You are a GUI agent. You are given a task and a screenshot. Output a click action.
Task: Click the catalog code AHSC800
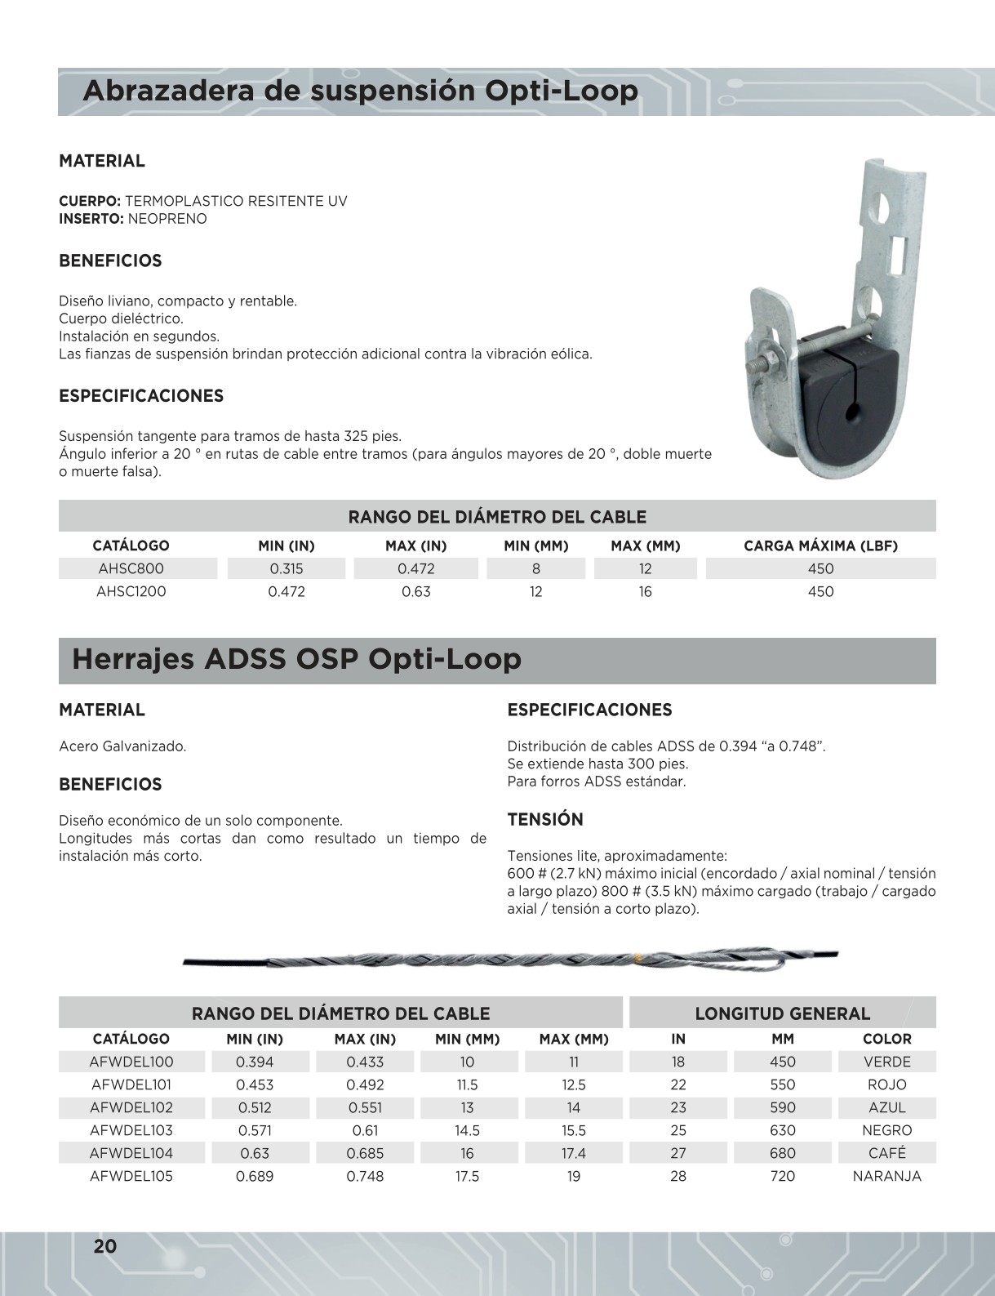pyautogui.click(x=131, y=568)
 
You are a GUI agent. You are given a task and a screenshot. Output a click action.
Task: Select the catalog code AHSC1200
pyautogui.click(x=131, y=591)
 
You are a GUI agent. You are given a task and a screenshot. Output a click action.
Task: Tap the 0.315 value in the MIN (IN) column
pyautogui.click(x=287, y=568)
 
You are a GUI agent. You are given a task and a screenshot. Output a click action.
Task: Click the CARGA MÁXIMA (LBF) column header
pyautogui.click(x=820, y=546)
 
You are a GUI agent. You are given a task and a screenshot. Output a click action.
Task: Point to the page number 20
pyautogui.click(x=105, y=1246)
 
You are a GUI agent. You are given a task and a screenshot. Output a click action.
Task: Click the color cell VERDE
pyautogui.click(x=886, y=1062)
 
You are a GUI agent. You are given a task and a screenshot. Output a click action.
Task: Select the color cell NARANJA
pyautogui.click(x=886, y=1176)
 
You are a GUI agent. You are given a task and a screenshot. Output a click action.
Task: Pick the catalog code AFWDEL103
pyautogui.click(x=131, y=1130)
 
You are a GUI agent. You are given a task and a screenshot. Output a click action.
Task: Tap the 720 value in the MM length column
pyautogui.click(x=782, y=1176)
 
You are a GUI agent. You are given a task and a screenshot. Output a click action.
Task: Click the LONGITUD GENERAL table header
pyautogui.click(x=782, y=1013)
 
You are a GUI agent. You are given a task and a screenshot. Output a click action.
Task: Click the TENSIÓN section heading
pyautogui.click(x=545, y=819)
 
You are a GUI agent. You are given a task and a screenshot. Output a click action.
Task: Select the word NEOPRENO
pyautogui.click(x=167, y=219)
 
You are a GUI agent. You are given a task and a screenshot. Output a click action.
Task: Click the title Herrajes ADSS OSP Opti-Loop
pyautogui.click(x=296, y=659)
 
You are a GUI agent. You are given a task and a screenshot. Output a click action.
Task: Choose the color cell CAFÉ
pyautogui.click(x=886, y=1153)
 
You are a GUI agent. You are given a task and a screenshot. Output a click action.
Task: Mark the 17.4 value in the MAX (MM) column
pyautogui.click(x=574, y=1153)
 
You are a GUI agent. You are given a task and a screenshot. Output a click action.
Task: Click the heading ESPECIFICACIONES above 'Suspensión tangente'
pyautogui.click(x=141, y=396)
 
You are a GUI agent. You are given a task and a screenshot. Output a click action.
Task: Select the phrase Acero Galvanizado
pyautogui.click(x=122, y=746)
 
